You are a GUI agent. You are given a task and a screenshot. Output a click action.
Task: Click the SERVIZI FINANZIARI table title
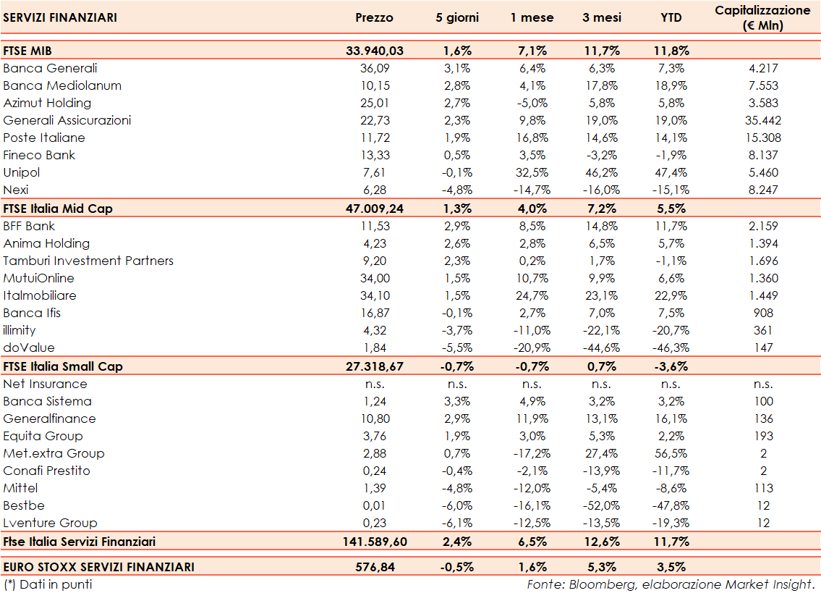coord(60,17)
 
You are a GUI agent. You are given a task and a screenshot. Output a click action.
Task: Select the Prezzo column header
coord(375,17)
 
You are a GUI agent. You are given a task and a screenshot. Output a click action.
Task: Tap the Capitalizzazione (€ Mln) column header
coord(762,18)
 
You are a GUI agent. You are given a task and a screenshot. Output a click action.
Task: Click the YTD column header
coord(671,17)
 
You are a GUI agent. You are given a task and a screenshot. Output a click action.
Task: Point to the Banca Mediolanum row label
coord(62,85)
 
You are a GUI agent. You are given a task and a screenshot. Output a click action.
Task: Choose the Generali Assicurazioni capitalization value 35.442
coord(762,120)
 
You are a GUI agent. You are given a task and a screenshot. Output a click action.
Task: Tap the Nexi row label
coord(16,190)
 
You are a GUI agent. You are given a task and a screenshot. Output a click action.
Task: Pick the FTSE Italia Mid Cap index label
coord(58,208)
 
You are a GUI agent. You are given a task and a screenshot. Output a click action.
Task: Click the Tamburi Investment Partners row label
coord(88,261)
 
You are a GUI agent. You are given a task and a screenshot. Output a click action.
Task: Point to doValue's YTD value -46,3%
coord(671,348)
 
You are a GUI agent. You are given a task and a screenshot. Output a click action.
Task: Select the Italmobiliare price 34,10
coord(375,295)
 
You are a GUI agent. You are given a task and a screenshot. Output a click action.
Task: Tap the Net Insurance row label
coord(45,384)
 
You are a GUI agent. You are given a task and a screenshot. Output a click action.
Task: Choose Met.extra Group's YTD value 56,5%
coord(671,453)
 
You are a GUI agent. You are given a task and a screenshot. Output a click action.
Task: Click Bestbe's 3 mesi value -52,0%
coord(601,505)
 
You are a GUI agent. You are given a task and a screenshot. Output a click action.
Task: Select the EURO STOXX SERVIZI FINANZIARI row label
coord(99,567)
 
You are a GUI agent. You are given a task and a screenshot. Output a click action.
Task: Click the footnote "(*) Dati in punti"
coord(48,584)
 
